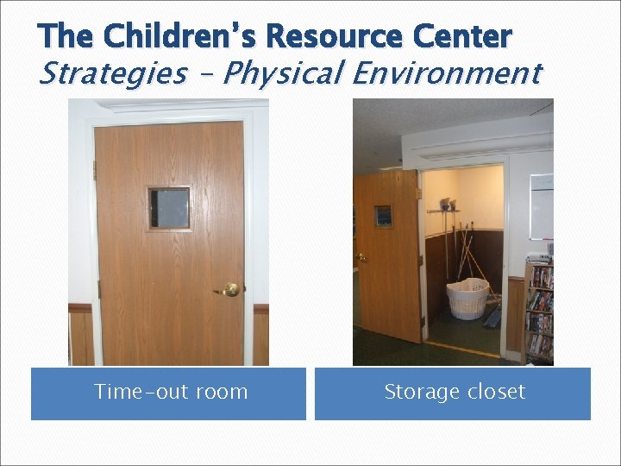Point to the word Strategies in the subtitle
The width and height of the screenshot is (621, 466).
pyautogui.click(x=113, y=74)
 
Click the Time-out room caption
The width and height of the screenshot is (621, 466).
pyautogui.click(x=170, y=392)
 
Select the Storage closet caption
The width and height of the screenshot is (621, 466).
pyautogui.click(x=454, y=392)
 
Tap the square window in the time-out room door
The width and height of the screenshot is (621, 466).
pyautogui.click(x=169, y=208)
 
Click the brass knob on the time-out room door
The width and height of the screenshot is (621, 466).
pyautogui.click(x=230, y=291)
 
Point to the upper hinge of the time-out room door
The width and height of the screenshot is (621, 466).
pyautogui.click(x=95, y=170)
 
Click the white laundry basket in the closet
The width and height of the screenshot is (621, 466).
pyautogui.click(x=467, y=299)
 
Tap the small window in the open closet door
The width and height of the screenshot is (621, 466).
pyautogui.click(x=383, y=216)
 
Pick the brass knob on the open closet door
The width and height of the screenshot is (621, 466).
pyautogui.click(x=361, y=257)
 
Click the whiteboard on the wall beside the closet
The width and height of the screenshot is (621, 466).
pyautogui.click(x=542, y=206)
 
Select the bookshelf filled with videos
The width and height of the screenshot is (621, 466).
pyautogui.click(x=538, y=311)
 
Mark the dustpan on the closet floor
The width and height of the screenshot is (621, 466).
pyautogui.click(x=493, y=318)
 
